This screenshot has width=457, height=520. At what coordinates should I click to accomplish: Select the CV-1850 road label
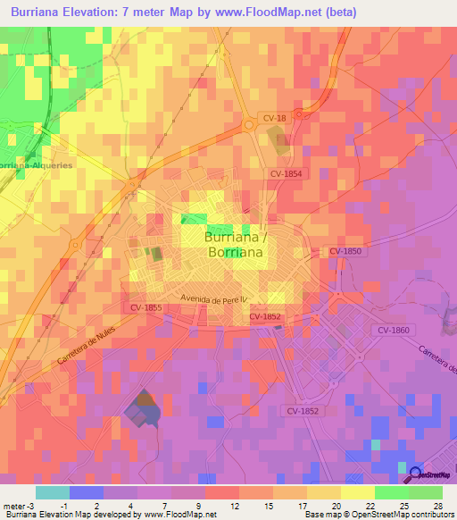click(x=345, y=252)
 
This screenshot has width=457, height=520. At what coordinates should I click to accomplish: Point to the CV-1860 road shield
click(x=393, y=331)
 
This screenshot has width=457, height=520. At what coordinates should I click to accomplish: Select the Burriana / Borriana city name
click(x=235, y=246)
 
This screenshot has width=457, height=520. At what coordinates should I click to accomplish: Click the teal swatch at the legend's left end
click(x=52, y=492)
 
